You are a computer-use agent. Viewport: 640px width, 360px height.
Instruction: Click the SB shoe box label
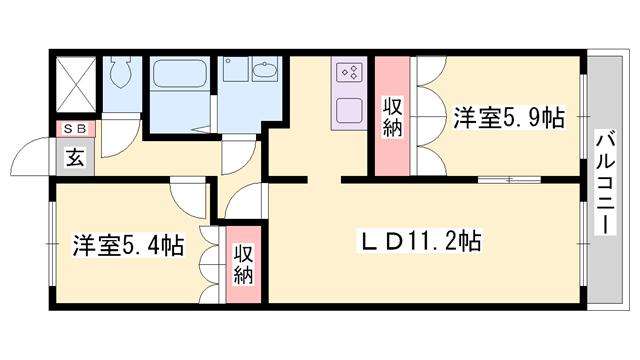point(75,128)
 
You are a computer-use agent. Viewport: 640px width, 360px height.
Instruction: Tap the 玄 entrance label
point(75,156)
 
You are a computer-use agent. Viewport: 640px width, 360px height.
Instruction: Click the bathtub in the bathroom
point(180,77)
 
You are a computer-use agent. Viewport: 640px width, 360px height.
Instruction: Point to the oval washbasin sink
point(266,71)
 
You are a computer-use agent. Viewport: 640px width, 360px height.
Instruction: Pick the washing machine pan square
point(237,71)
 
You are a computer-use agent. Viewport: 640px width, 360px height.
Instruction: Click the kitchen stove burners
point(350,72)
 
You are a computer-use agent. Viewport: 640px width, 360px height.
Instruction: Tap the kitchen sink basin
point(350,108)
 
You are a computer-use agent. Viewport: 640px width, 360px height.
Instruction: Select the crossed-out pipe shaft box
point(74,79)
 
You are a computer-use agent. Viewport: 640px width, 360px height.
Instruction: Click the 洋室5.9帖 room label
point(508,116)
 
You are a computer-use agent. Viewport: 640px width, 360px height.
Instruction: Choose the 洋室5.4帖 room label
point(127,244)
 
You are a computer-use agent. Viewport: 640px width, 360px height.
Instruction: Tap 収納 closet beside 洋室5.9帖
point(391,116)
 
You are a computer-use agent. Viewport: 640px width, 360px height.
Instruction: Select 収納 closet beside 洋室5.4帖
point(243,262)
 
